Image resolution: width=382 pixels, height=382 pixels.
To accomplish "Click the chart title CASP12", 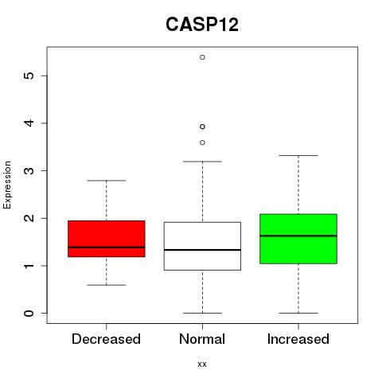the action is pos(202,25).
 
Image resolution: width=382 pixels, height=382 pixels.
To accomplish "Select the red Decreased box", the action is pos(107,239).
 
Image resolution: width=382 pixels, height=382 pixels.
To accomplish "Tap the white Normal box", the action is pos(202,246).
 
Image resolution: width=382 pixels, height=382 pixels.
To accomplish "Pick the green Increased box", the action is pos(298,239).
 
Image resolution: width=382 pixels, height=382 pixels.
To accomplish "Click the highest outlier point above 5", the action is pos(202,57).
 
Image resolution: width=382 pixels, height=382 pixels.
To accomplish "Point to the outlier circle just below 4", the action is pos(202,127).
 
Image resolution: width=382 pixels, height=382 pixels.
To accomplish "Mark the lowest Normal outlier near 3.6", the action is pos(202,142).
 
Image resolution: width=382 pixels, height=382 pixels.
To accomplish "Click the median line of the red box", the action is pos(107,248).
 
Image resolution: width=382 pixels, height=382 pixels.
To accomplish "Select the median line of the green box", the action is pos(298,236).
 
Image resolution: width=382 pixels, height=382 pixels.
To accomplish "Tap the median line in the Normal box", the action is pos(202,250).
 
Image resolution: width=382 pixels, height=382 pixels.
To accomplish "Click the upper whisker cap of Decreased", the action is pos(107,181).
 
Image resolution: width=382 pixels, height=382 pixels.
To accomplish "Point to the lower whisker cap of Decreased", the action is pos(107,285).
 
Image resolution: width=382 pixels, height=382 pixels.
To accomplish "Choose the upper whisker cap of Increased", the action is pos(298,155).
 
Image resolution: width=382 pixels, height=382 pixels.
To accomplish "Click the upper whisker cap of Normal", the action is pos(202,162).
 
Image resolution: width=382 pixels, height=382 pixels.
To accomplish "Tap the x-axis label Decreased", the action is pos(106,339).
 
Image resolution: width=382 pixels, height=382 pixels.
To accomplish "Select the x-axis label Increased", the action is pos(298,339).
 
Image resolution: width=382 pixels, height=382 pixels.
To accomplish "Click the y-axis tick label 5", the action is pos(29,76).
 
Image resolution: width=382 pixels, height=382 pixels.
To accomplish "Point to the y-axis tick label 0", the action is pos(29,314).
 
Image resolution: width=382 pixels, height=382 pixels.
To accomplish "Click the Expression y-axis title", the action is pos(7,185).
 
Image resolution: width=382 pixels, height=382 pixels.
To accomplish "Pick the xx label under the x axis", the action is pos(202,364).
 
